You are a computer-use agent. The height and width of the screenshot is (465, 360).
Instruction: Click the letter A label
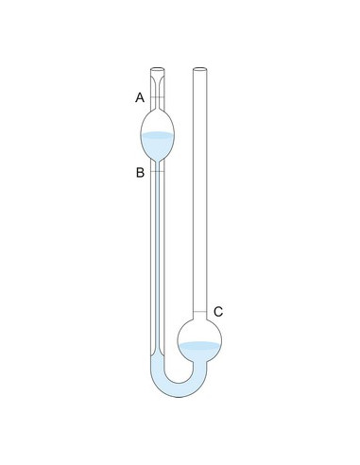click(x=140, y=97)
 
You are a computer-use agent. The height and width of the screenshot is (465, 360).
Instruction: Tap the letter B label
click(x=140, y=173)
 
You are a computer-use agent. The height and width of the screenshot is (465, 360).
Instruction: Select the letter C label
click(x=218, y=312)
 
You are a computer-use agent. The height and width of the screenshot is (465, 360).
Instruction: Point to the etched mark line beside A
click(x=157, y=97)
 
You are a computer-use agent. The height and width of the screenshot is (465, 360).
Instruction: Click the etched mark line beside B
click(x=157, y=171)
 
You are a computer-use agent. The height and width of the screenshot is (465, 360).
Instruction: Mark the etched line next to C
click(x=200, y=312)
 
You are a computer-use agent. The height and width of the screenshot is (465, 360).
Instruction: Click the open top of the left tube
click(x=157, y=69)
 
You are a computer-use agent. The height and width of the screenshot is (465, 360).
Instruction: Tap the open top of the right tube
click(x=200, y=69)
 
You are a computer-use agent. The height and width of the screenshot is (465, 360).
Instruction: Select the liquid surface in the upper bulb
click(x=157, y=135)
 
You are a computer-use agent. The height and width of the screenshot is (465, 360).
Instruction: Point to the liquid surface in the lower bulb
click(x=199, y=345)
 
